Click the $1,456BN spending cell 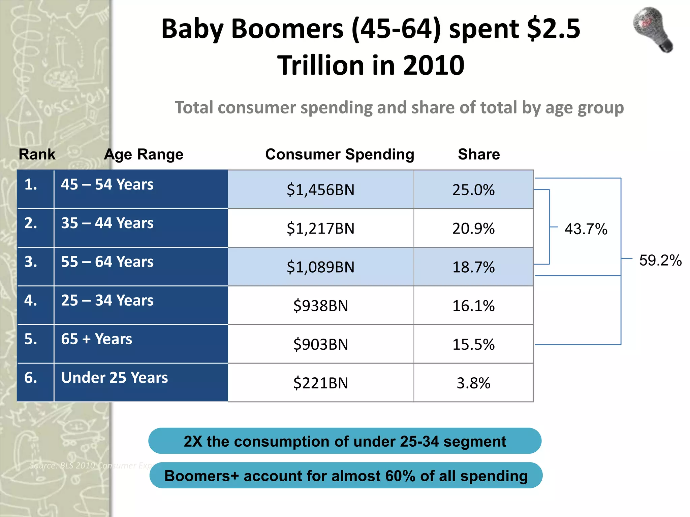point(320,190)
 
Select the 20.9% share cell point(473,229)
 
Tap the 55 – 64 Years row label point(107,262)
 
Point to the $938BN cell point(320,306)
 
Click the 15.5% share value point(473,344)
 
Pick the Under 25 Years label point(115,378)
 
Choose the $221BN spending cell point(320,383)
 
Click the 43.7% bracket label point(586,229)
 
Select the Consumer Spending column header point(340,154)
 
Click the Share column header point(479,154)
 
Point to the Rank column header point(37,154)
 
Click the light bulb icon point(653,30)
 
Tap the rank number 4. point(31,300)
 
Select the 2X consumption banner point(345,441)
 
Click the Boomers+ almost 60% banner point(346,476)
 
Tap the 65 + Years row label point(96,339)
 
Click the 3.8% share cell point(473,383)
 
